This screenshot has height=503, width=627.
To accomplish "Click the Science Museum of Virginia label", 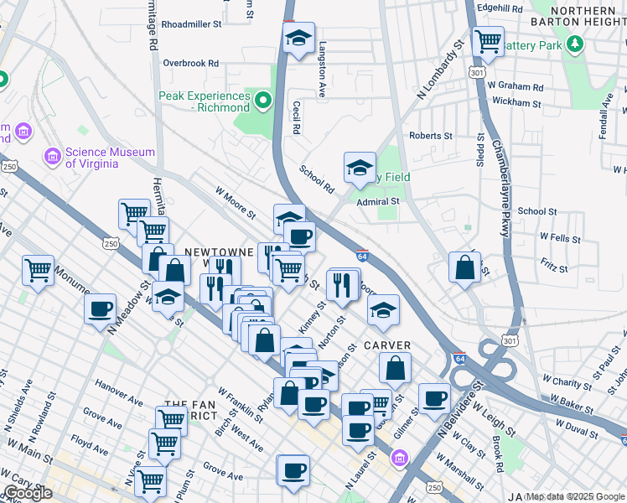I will [99, 158].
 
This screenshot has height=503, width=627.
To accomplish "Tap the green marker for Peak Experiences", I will [264, 102].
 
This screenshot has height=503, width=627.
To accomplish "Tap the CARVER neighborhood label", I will [387, 346].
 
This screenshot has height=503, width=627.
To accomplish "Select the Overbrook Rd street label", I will [190, 63].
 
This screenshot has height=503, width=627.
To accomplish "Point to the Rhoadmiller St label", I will [190, 25].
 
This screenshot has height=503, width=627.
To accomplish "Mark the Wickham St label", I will [517, 102].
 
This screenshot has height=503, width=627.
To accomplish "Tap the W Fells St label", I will [560, 239].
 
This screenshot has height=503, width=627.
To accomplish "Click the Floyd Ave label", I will [90, 438].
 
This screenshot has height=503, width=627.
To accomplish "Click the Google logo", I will [28, 493].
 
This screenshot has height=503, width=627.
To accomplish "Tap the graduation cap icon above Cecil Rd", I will [298, 38].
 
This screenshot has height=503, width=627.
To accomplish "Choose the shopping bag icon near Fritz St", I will [464, 267].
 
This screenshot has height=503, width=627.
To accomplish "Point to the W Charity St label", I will [567, 382].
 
